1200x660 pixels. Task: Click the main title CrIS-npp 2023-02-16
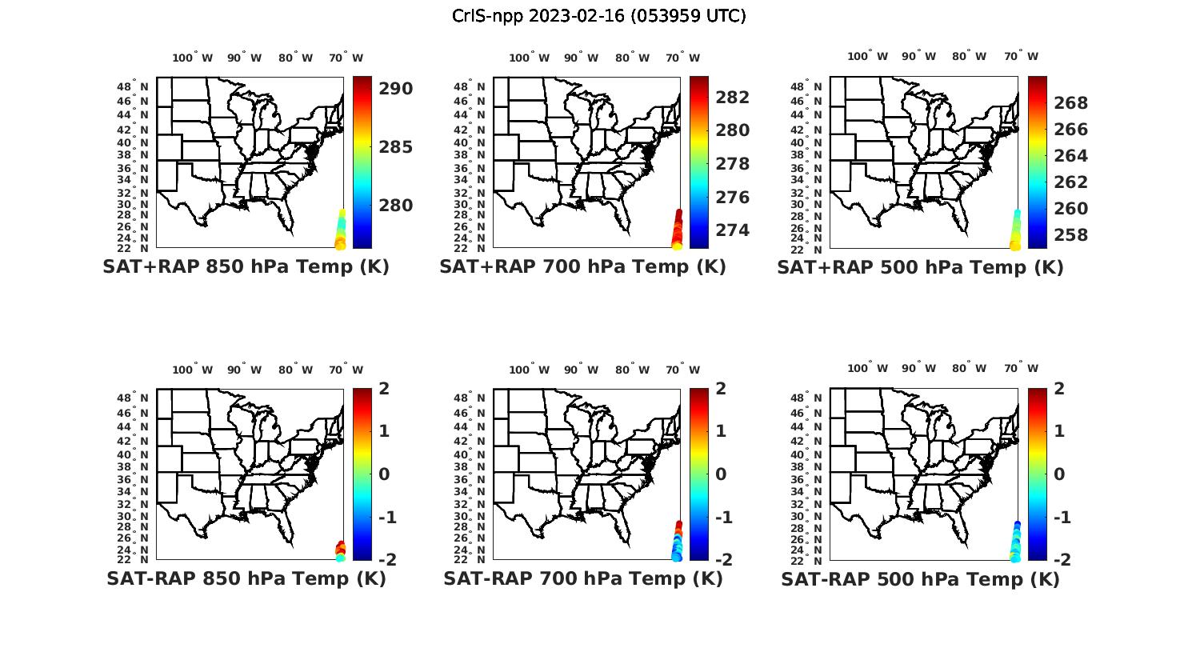tap(598, 16)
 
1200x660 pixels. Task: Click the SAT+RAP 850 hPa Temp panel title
tap(246, 267)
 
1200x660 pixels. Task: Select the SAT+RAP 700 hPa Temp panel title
tap(582, 267)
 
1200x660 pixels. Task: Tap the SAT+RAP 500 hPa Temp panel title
tap(920, 267)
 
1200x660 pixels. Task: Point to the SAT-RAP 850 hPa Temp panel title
tap(246, 579)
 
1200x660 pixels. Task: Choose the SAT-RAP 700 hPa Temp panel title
tap(582, 579)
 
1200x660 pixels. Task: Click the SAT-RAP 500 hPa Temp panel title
tap(920, 579)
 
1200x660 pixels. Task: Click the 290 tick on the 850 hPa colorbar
tap(395, 89)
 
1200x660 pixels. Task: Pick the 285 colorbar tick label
tap(395, 147)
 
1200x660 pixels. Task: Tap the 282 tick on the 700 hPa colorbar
tap(733, 98)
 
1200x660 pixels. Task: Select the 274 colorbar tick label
tap(733, 230)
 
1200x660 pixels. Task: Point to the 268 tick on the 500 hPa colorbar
tap(1070, 102)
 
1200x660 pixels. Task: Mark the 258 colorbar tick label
tap(1070, 235)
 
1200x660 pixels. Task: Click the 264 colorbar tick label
tap(1070, 155)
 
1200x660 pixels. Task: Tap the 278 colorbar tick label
tap(733, 164)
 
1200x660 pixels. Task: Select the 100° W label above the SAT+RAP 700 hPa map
tap(529, 58)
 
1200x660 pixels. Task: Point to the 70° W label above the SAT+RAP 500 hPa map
tap(1021, 56)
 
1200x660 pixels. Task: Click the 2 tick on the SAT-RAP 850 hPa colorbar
tap(384, 390)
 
